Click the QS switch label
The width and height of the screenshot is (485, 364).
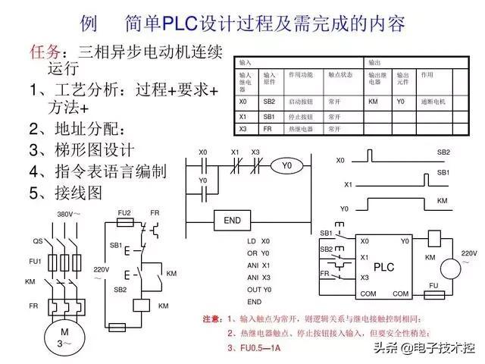pos(37,241)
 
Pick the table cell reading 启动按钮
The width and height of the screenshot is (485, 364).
pos(300,101)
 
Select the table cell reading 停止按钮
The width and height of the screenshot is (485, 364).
pos(300,118)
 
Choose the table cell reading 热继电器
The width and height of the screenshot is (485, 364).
pos(300,130)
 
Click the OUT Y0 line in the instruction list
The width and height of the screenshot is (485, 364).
pos(259,290)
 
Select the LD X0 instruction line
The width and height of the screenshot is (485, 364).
pos(258,241)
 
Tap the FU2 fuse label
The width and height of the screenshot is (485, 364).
pos(124,213)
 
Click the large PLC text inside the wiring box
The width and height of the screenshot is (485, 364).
pos(384,267)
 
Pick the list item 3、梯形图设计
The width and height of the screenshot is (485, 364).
pos(81,149)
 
